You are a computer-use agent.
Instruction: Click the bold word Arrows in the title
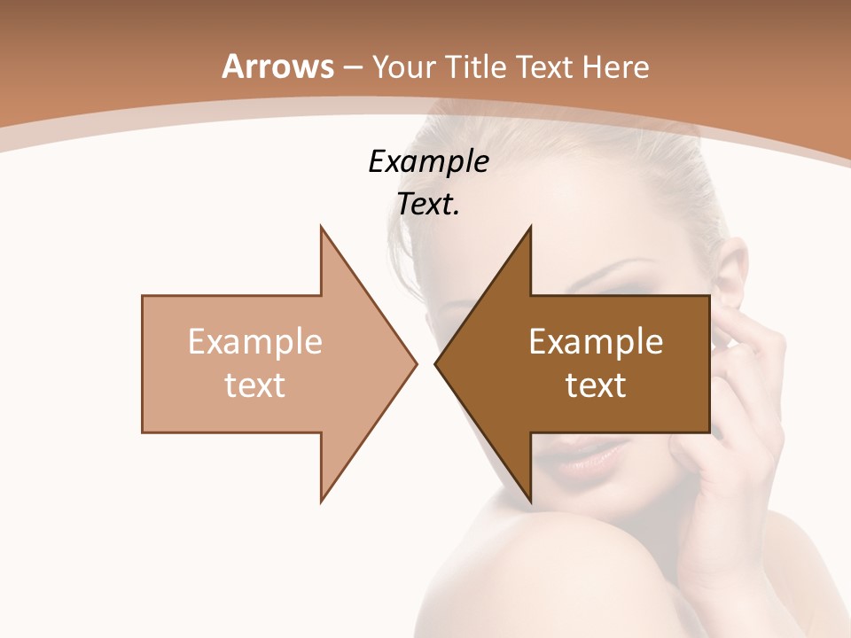(277, 66)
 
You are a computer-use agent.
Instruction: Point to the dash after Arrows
(353, 68)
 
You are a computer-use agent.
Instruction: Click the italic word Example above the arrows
(428, 161)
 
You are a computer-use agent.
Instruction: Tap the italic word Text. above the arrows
(428, 205)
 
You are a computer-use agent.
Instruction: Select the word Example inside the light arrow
(255, 341)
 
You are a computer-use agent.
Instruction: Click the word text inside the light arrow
(255, 385)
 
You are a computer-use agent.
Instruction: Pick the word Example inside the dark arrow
(596, 341)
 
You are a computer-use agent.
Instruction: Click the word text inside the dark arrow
(596, 385)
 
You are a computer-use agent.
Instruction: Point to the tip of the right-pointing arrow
(416, 363)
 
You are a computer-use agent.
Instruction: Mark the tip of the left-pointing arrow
(435, 363)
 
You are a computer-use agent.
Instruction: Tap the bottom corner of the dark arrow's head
(530, 502)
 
